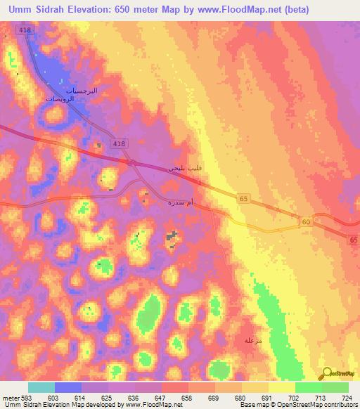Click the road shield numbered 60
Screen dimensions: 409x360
pos(306,222)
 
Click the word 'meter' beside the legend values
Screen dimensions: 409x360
pos(10,397)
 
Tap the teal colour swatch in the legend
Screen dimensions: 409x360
pos(41,387)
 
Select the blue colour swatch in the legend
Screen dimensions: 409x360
pos(67,387)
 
